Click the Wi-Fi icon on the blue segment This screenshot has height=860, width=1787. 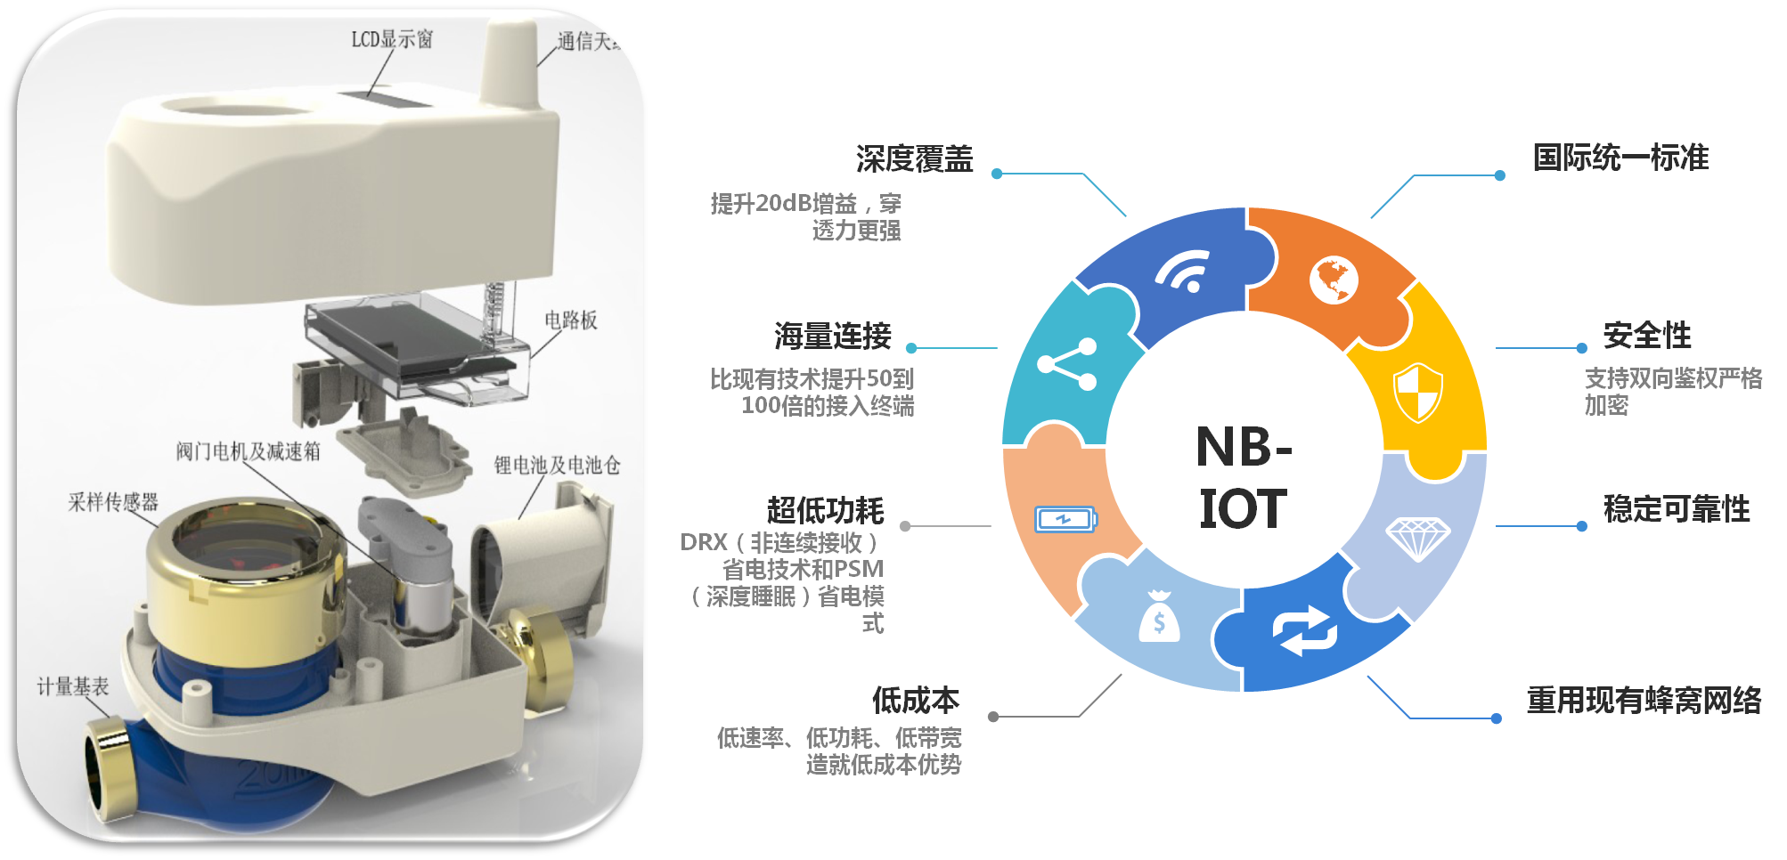click(1183, 271)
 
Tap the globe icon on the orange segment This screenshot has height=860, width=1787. click(1333, 280)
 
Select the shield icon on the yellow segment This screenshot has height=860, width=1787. click(1417, 392)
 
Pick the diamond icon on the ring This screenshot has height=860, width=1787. click(1417, 538)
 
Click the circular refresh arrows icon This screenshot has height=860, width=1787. click(1305, 631)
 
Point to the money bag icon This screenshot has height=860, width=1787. click(1159, 617)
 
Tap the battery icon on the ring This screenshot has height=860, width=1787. click(1065, 519)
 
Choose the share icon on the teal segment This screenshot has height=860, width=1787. click(1067, 363)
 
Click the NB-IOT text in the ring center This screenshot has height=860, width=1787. click(1244, 477)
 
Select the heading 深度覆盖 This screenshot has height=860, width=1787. click(914, 159)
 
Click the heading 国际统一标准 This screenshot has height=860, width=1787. click(1620, 158)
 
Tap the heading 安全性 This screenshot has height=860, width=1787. click(1646, 336)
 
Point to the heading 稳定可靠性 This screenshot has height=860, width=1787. click(1676, 508)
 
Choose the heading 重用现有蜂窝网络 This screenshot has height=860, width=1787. click(1644, 701)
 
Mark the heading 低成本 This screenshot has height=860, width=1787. click(916, 701)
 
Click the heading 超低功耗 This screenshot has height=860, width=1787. click(825, 510)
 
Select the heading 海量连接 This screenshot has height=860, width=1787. click(832, 336)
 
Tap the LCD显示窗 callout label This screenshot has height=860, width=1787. click(391, 39)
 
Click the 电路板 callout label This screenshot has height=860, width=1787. click(571, 320)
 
